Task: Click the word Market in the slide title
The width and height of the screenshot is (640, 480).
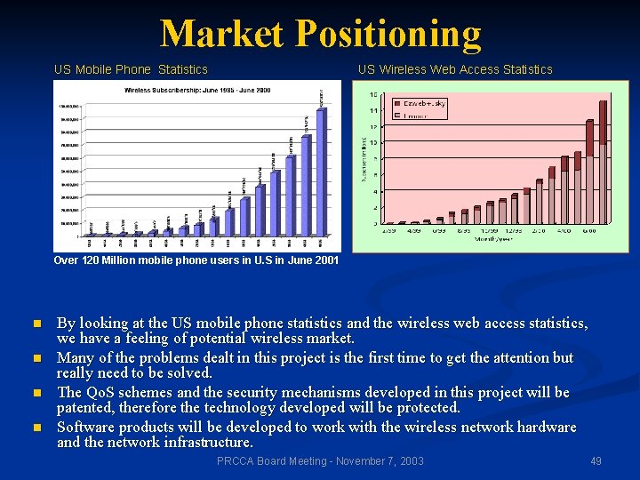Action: tap(223, 34)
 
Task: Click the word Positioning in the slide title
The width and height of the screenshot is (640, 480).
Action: tap(388, 34)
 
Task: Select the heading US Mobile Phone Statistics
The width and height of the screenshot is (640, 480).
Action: tap(131, 69)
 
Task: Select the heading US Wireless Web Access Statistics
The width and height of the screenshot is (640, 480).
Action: tap(455, 69)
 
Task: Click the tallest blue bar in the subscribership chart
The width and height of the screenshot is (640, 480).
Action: tap(322, 169)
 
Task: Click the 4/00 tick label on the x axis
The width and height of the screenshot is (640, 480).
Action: tap(565, 229)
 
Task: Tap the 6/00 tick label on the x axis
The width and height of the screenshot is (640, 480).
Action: tap(590, 229)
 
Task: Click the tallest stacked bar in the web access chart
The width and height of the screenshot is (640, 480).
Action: tap(603, 160)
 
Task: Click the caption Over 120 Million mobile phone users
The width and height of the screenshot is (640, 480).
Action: tap(196, 260)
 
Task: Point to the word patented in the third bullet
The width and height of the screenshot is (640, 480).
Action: tap(87, 408)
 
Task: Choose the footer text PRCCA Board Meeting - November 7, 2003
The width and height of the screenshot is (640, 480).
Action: tap(320, 461)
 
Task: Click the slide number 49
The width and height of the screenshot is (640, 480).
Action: tap(596, 461)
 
